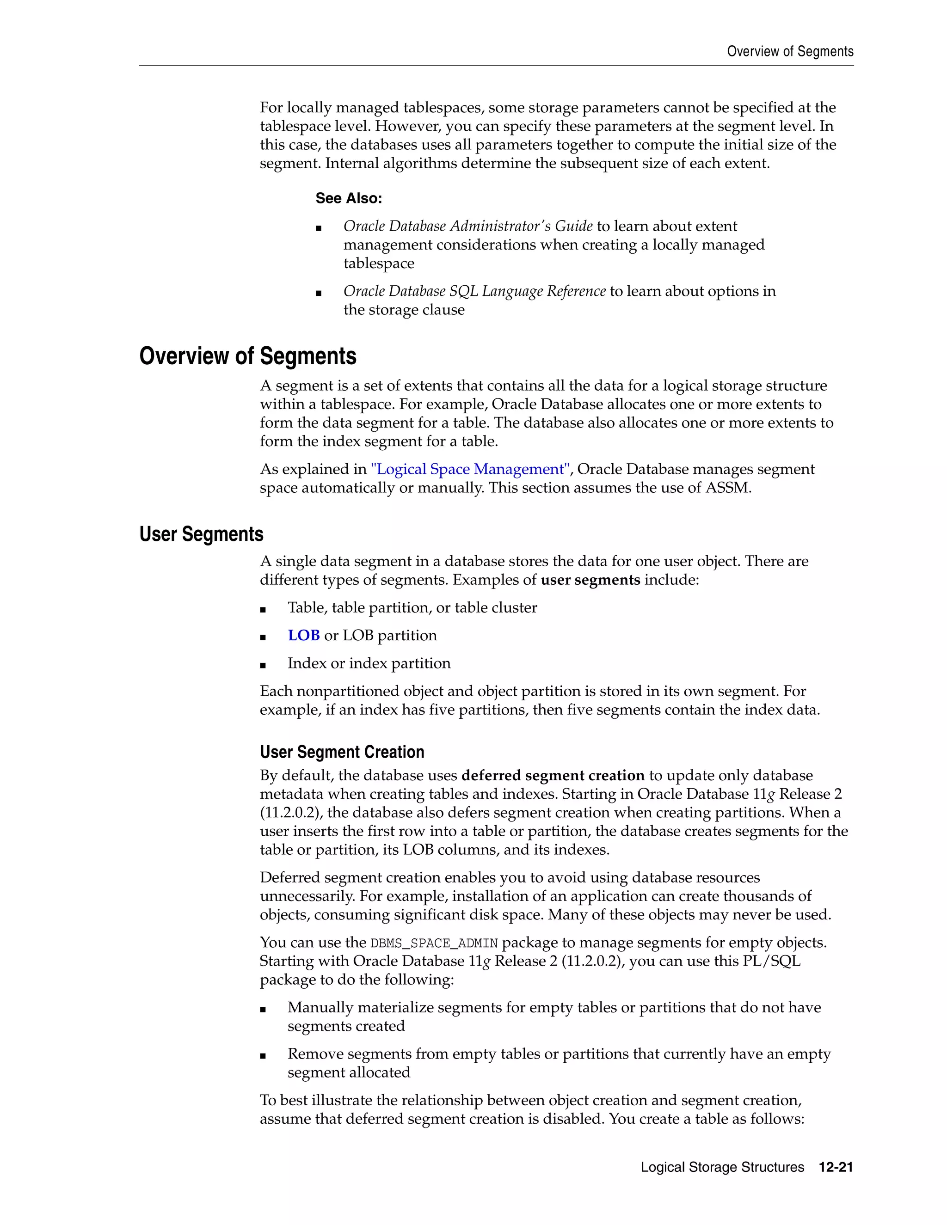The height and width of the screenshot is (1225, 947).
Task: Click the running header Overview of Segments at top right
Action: (x=790, y=52)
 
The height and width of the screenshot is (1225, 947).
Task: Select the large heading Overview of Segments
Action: (x=247, y=356)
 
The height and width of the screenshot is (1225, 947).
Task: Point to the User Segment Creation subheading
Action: (x=342, y=752)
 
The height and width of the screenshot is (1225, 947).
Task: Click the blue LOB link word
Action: (x=303, y=636)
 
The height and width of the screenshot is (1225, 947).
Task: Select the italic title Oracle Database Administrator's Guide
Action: (x=468, y=226)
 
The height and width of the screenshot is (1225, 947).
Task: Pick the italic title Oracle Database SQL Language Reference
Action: (x=474, y=291)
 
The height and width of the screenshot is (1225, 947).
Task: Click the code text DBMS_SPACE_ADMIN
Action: (x=434, y=943)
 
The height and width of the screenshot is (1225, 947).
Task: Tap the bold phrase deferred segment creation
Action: (x=553, y=775)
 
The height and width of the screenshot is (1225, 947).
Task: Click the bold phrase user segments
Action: (x=590, y=580)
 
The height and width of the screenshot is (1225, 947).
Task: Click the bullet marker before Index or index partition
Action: (x=263, y=665)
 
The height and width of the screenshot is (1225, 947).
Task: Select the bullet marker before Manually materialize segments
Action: (x=263, y=1009)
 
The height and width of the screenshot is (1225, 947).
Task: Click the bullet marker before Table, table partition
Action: (x=263, y=610)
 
